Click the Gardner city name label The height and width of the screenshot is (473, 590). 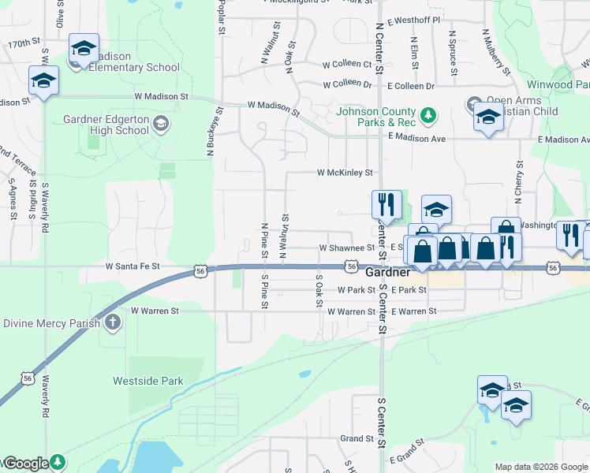(388, 272)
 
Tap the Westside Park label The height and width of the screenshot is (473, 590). (148, 381)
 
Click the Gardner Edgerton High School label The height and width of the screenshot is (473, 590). (105, 125)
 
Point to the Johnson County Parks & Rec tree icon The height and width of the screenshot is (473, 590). (428, 117)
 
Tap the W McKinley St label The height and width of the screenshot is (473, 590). (344, 172)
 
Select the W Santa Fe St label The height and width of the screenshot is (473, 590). (133, 267)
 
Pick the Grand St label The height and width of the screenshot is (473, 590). (357, 438)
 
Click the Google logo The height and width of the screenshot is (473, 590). (25, 464)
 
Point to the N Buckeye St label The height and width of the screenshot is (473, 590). (211, 130)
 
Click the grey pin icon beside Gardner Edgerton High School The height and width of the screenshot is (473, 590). (161, 124)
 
